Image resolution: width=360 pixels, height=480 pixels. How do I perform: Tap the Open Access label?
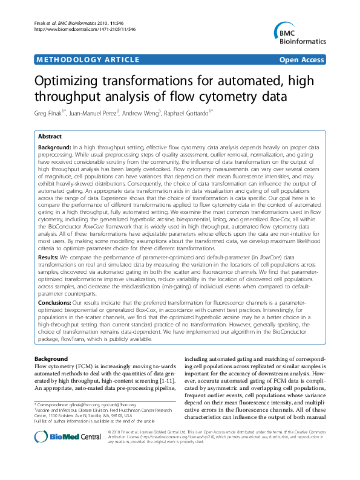(302, 60)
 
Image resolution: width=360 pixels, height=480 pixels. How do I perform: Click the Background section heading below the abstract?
(51, 358)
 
